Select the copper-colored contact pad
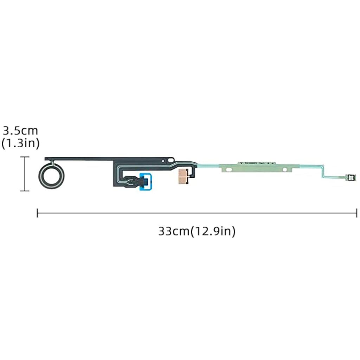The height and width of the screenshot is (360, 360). [x=182, y=174]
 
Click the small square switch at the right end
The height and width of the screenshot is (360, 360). [x=350, y=178]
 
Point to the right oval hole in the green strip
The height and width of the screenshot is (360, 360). [x=286, y=169]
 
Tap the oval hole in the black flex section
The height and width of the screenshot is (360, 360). [x=171, y=160]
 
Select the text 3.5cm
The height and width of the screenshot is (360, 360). [x=20, y=131]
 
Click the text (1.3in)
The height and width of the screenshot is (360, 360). [x=20, y=143]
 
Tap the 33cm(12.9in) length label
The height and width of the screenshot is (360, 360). [x=197, y=231]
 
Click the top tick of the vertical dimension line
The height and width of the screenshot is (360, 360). [x=25, y=157]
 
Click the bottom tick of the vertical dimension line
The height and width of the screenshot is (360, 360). [x=25, y=191]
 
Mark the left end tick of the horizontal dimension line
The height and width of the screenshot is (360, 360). [x=37, y=213]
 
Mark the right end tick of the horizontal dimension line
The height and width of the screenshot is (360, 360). [x=356, y=213]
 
